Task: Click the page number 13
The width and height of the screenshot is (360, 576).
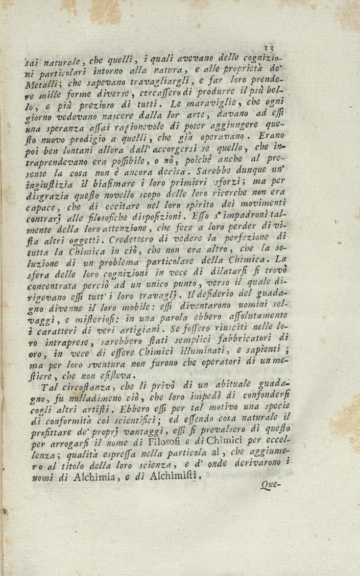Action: tap(267, 48)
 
